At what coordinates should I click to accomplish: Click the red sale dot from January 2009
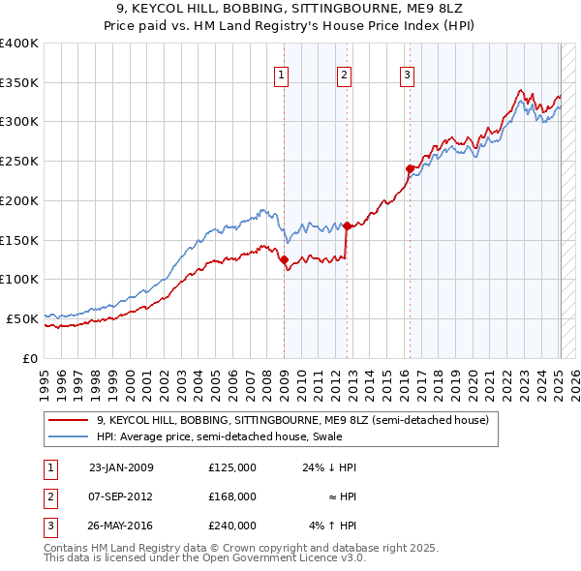284,259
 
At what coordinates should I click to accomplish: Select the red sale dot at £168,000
347,225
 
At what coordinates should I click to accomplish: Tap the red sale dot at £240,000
410,168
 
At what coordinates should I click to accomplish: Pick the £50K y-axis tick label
23,318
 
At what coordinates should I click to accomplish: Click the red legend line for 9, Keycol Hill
69,421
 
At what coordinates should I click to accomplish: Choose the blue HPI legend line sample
69,436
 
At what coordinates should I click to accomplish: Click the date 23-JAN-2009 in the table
121,467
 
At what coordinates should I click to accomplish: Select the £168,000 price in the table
232,496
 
